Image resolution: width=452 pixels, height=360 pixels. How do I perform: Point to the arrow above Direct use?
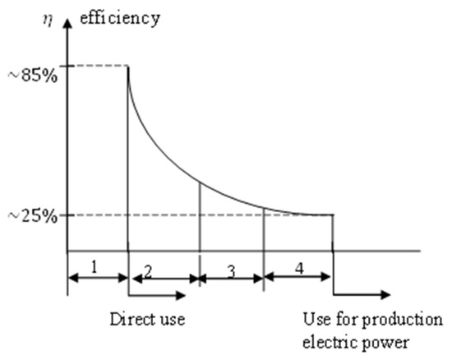coord(157,293)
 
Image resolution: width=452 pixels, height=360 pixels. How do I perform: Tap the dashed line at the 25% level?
coord(164,215)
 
